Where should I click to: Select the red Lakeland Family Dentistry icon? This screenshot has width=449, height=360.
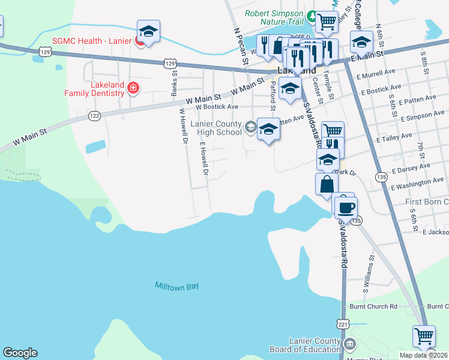[x=133, y=89]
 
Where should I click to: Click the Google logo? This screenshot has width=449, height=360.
[x=20, y=353]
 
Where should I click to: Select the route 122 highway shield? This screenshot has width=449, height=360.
[x=94, y=116]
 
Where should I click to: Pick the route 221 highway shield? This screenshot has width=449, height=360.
[x=342, y=324]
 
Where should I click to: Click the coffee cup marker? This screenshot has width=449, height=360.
[x=345, y=208]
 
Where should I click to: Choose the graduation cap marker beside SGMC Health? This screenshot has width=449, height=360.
[x=148, y=31]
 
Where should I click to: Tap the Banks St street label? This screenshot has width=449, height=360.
[x=174, y=84]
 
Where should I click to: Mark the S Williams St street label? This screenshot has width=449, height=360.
[x=369, y=274]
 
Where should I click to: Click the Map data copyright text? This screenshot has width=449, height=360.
[x=423, y=355]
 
